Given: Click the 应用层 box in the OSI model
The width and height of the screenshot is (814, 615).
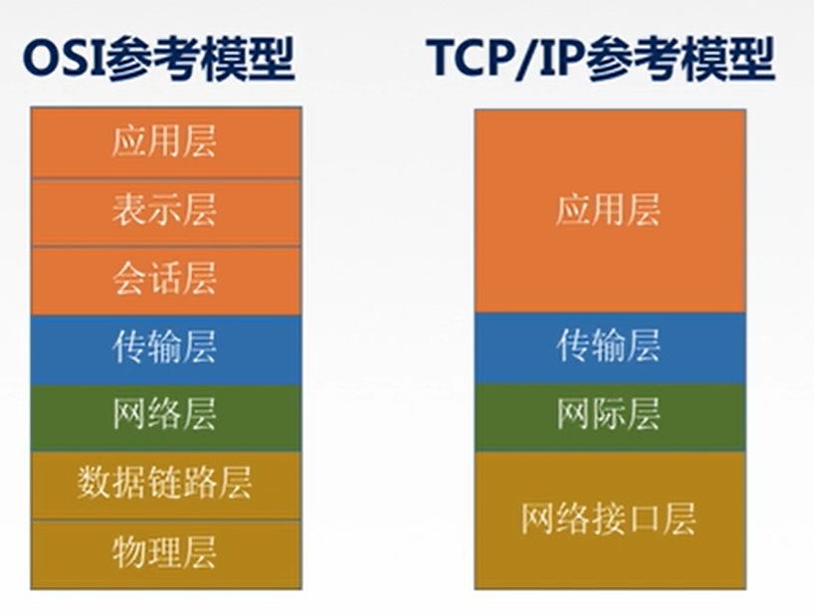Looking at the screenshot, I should pos(165,142).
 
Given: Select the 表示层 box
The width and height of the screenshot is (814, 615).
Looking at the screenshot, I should pos(165,211).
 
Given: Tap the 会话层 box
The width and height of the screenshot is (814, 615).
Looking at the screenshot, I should pos(165,280).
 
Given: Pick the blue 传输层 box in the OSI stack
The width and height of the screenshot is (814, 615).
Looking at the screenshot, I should pos(165,348).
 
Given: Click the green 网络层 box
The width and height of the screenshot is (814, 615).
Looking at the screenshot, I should pos(165,416).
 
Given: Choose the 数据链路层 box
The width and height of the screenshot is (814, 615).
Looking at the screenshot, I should pos(165,485).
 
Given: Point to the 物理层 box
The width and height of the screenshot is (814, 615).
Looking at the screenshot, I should pos(165,552).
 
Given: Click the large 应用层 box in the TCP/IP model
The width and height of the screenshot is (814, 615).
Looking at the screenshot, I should pos(608,211).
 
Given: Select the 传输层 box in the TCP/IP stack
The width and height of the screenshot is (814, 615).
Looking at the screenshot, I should pos(608,347).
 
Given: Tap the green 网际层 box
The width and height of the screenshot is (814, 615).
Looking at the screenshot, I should pos(608,416).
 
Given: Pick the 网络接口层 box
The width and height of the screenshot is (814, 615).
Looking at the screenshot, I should pos(608,518).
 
